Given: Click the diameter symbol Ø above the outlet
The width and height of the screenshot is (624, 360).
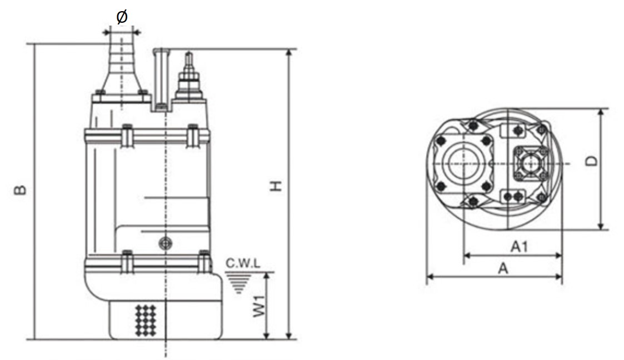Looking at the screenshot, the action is click(x=122, y=16).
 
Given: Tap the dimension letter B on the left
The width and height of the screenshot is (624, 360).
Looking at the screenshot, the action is click(x=21, y=190).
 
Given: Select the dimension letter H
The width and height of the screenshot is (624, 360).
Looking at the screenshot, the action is click(x=276, y=186).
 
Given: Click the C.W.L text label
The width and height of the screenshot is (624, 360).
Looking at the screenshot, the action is click(x=243, y=263).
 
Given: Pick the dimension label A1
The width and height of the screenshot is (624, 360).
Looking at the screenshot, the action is click(x=520, y=247).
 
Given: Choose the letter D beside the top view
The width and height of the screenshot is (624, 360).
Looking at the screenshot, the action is click(x=592, y=161).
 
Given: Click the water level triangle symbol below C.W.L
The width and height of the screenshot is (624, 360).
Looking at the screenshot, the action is click(x=238, y=282).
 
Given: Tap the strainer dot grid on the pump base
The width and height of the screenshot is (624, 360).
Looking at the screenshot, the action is click(x=146, y=320).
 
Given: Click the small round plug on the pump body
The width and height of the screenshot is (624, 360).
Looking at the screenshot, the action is click(x=166, y=243).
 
